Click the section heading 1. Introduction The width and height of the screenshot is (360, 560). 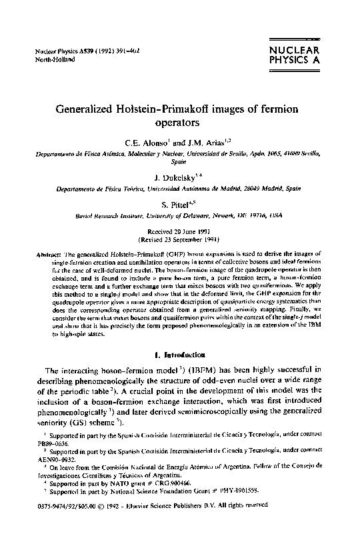point(181,355)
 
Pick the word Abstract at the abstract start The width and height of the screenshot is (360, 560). point(45,255)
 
